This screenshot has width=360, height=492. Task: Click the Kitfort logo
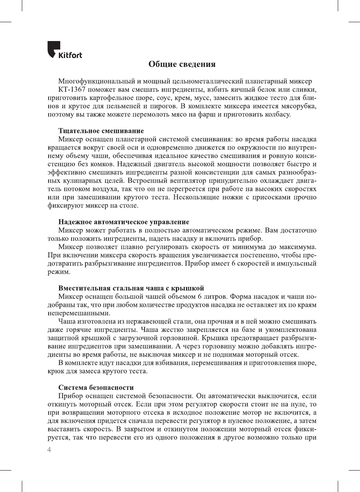coord(64,50)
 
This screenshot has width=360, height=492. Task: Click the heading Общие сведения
coord(182,64)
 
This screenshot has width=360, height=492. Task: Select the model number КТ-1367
coord(72,90)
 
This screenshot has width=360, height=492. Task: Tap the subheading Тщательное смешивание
coord(101,131)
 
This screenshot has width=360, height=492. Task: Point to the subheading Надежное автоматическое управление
coord(124,222)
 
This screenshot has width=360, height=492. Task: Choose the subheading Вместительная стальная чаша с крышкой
coord(131,288)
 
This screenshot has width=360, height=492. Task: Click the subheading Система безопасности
coord(96,388)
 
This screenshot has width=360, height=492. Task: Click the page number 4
coord(49,450)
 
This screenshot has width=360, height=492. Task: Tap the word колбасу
coord(278,114)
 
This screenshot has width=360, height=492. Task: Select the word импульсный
coord(297,264)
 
